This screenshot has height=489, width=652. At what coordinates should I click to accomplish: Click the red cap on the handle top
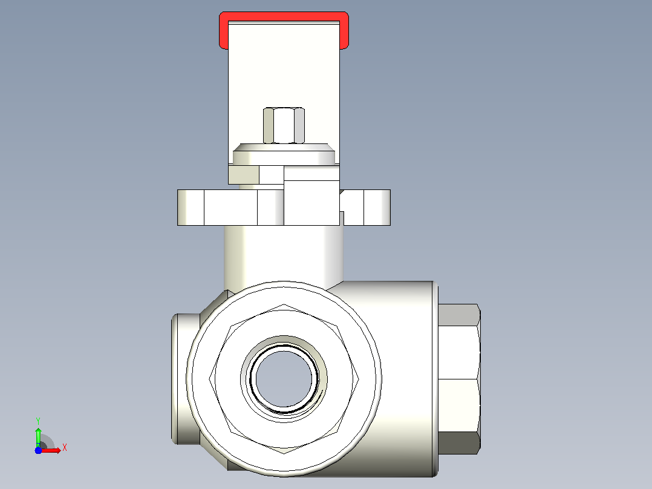click(284, 16)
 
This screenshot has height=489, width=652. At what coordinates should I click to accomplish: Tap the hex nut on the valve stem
click(284, 125)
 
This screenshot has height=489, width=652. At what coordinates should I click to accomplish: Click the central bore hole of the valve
click(284, 378)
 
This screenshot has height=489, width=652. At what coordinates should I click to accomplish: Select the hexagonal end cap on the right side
click(459, 379)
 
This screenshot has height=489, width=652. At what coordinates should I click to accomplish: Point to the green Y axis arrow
click(38, 436)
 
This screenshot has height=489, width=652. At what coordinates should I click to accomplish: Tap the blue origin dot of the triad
click(38, 450)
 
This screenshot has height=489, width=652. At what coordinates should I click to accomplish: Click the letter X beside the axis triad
click(65, 448)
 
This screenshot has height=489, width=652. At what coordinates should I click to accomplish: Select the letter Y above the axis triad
click(38, 421)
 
